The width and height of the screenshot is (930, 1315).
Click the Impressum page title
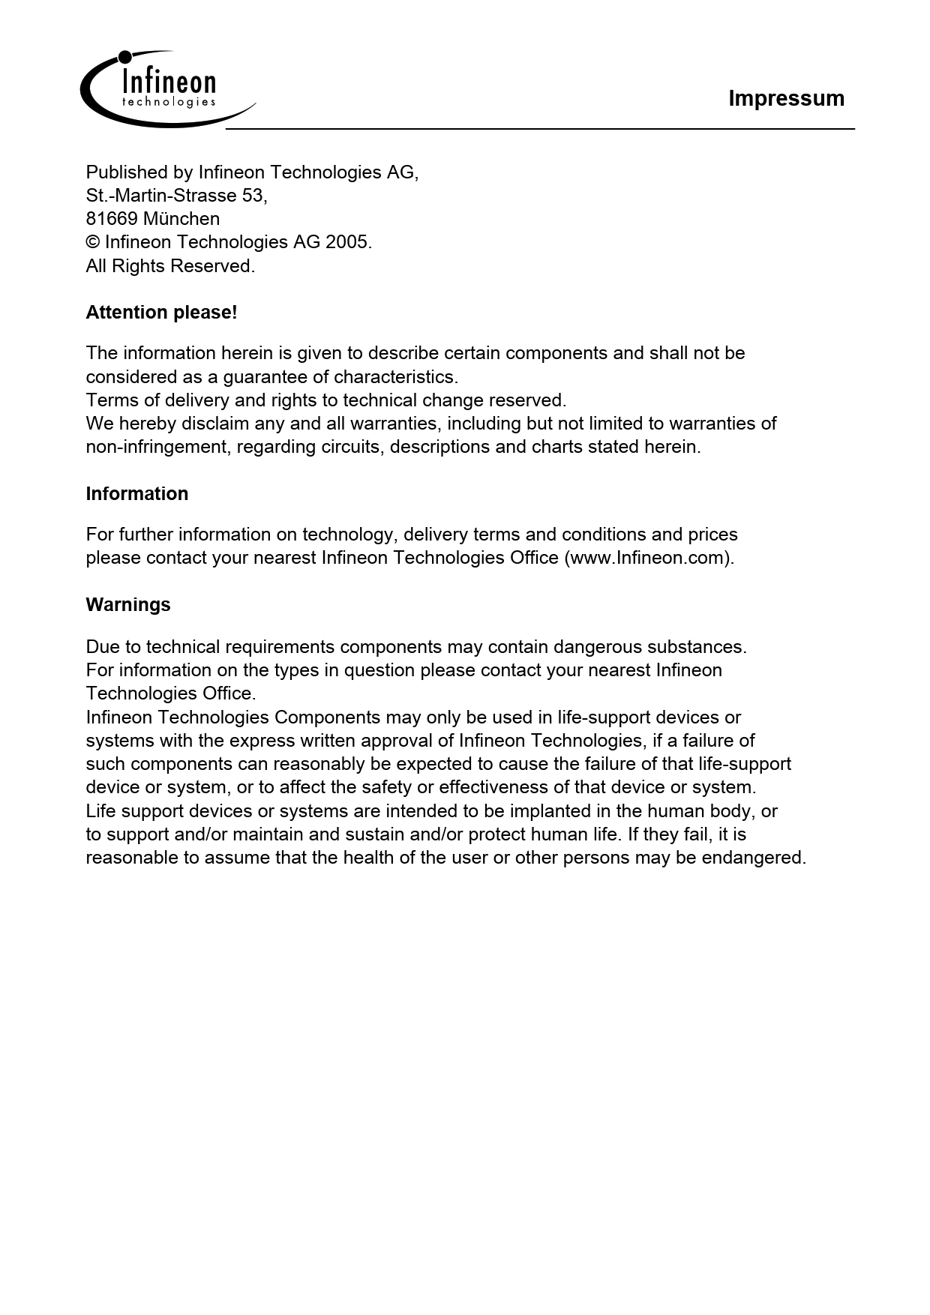(x=786, y=98)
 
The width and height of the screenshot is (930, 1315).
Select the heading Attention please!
(x=161, y=313)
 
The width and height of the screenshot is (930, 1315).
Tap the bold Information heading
(x=137, y=494)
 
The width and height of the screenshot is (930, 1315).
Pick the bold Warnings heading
(x=128, y=605)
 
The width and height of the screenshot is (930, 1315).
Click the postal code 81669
(x=112, y=219)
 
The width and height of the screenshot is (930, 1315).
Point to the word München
(x=181, y=219)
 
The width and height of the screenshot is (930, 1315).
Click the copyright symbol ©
(x=93, y=242)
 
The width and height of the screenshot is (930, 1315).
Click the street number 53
(x=253, y=196)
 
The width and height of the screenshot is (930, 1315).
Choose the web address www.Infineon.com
(x=648, y=558)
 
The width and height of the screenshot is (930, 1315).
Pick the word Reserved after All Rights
(x=212, y=266)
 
